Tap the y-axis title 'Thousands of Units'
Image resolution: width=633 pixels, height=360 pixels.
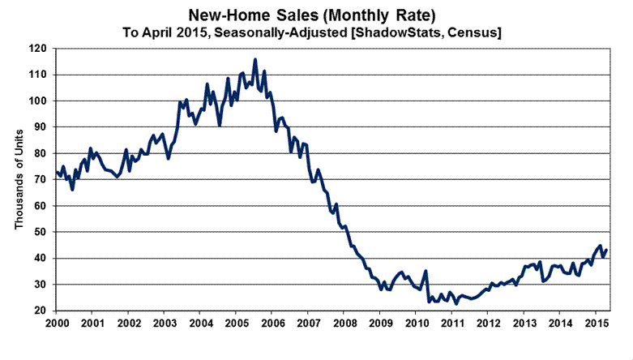point(19,180)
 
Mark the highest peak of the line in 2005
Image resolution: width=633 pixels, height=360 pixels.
point(255,59)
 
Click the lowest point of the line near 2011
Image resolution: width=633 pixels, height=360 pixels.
point(456,303)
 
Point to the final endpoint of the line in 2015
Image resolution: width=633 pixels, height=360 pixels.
point(607,249)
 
